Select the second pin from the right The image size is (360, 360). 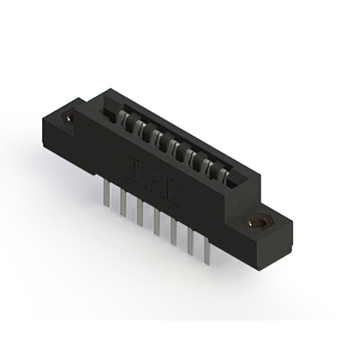click(191, 240)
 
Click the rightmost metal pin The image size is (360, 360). click(208, 247)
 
